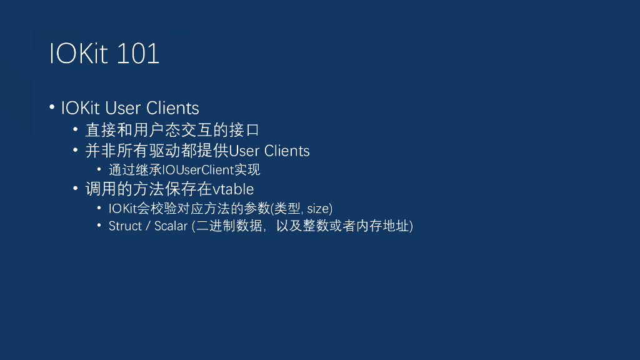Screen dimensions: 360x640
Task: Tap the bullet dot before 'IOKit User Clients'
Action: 52,107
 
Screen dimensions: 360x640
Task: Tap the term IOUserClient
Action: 197,170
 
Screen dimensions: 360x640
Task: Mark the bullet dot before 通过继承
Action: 99,169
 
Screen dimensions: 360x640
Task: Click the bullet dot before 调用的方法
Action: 76,187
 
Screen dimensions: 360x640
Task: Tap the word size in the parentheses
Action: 317,209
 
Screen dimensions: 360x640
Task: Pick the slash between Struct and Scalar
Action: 148,226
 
